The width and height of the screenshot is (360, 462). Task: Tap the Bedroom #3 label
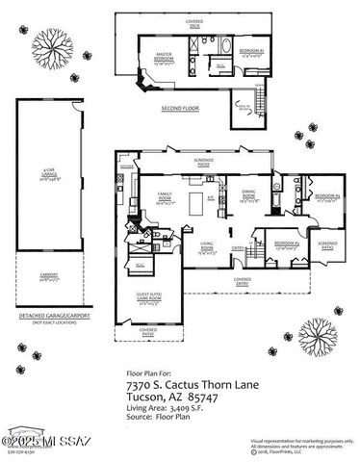tap(286, 245)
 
